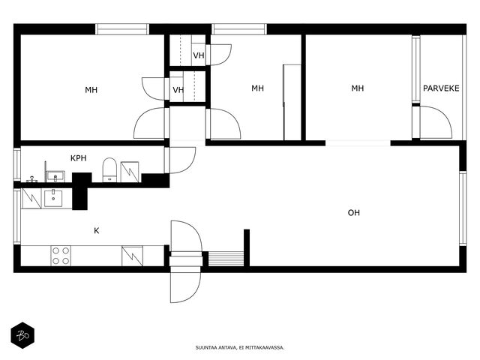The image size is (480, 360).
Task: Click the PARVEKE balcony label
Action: (x=441, y=88)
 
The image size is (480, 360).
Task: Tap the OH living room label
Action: (x=353, y=213)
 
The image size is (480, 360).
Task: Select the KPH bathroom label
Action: (x=78, y=158)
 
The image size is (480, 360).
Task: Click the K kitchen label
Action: (x=97, y=230)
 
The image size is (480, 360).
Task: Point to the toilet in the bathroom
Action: (x=109, y=170)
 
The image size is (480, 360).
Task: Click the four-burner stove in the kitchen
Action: (x=61, y=256)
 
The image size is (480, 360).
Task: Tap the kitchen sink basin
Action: (x=53, y=198)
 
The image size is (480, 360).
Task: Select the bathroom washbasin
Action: (x=55, y=176)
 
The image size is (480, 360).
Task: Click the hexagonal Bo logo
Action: (x=22, y=335)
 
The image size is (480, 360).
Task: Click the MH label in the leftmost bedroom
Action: (x=91, y=90)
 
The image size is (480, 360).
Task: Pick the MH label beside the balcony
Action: (x=357, y=88)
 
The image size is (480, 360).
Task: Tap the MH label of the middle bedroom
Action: (x=257, y=88)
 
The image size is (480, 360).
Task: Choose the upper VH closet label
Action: (x=198, y=55)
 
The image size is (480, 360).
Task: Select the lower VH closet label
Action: (x=178, y=90)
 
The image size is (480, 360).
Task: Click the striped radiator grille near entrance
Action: (x=226, y=259)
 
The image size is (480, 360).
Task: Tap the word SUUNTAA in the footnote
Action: (x=206, y=348)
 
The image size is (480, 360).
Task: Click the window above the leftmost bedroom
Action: (x=122, y=29)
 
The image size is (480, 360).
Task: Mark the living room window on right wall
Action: (x=463, y=208)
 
